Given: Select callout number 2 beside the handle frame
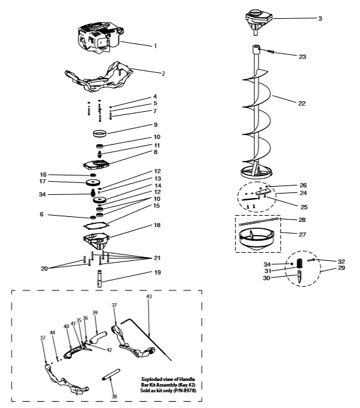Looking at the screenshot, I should pos(163,74).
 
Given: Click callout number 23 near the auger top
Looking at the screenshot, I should pos(302,57).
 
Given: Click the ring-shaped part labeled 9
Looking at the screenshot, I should pos(99,134).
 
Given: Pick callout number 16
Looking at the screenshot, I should pos(43,175).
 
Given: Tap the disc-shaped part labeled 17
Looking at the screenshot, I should pos(96,183).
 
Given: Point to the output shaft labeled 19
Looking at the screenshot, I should pos(99,277).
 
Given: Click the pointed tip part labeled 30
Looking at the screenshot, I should pos(298,275).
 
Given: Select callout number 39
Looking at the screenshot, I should pos(95,312).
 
